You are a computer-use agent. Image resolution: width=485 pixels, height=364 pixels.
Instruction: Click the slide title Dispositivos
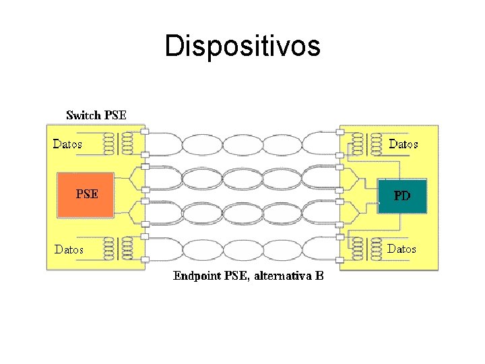tap(243, 47)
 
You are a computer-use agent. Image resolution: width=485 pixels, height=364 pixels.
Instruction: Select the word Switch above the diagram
tap(83, 115)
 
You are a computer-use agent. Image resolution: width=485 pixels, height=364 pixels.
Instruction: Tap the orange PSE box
tap(86, 195)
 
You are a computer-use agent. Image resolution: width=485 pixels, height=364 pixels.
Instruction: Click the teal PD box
tap(402, 196)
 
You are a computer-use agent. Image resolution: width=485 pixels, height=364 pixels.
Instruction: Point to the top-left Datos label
tap(67, 144)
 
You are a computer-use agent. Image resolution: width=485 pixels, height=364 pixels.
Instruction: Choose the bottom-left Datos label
tap(69, 249)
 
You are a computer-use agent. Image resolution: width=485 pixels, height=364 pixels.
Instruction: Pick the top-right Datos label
tap(403, 144)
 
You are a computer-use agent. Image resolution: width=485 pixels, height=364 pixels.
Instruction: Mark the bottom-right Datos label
tap(401, 249)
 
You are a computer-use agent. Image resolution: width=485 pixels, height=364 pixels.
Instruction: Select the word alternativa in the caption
tap(283, 276)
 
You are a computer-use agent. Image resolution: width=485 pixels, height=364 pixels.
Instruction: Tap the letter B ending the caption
tap(319, 276)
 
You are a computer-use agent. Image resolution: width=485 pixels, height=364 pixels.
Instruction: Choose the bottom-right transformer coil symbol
tap(364, 249)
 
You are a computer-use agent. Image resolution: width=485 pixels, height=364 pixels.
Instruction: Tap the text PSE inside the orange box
tap(87, 194)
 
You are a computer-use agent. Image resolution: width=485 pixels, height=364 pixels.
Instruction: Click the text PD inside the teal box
tap(402, 196)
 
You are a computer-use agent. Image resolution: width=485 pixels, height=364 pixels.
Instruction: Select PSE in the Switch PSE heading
tap(115, 115)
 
